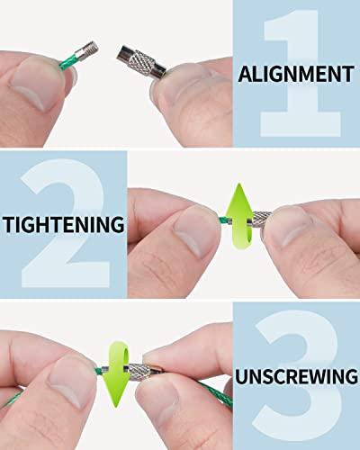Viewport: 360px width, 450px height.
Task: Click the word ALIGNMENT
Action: (x=296, y=75)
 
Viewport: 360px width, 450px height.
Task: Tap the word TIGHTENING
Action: (x=64, y=224)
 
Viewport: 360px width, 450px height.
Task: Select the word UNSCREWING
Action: (x=296, y=376)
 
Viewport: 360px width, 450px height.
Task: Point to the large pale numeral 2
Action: (x=65, y=223)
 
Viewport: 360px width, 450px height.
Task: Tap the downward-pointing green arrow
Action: (x=117, y=373)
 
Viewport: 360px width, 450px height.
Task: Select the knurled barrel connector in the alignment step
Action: (x=141, y=62)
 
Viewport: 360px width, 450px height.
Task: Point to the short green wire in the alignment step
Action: (x=67, y=62)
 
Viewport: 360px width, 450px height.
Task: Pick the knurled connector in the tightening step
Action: (x=259, y=219)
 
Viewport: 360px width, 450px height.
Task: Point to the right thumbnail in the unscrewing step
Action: (x=159, y=399)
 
